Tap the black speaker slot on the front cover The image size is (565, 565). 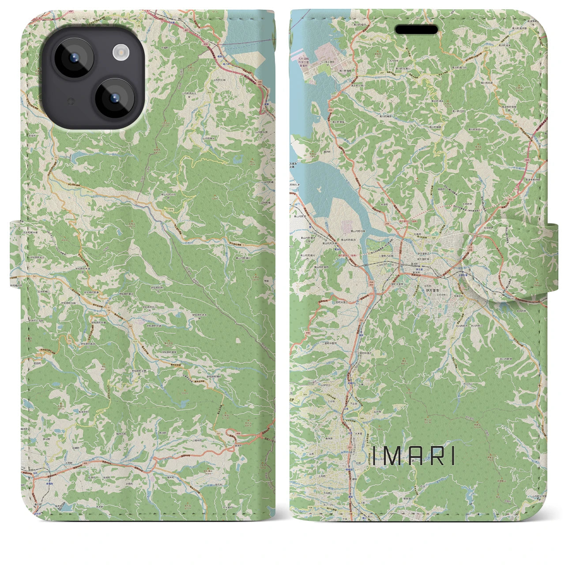click(416, 30)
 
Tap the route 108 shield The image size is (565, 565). click(299, 508)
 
